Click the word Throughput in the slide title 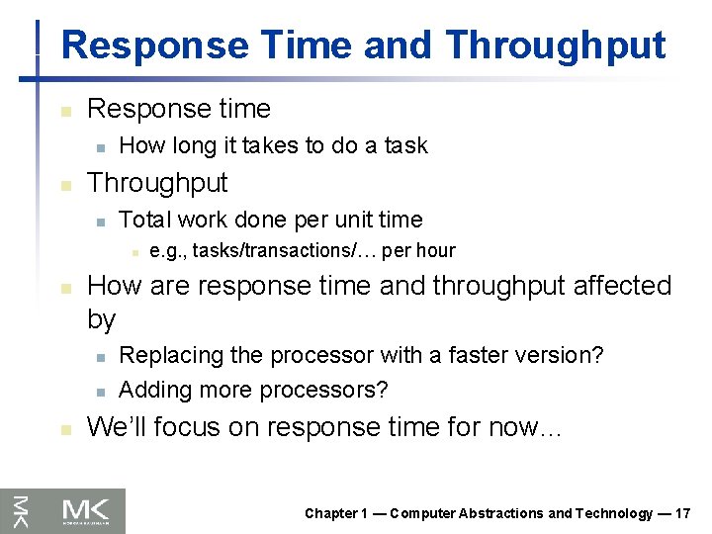pos(555,45)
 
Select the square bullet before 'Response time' pos(64,111)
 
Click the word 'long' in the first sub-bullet pos(196,145)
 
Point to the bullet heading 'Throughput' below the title pos(157,183)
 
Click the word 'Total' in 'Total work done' pos(144,220)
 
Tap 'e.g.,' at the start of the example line pos(168,251)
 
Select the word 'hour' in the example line pos(435,251)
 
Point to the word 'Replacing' pos(165,355)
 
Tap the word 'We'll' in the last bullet pos(115,427)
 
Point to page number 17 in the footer pos(682,513)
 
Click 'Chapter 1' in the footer pos(336,513)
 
